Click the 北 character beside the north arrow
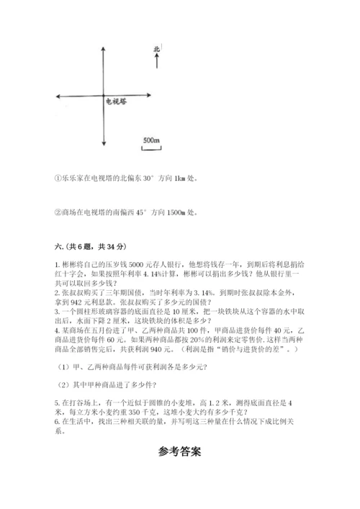click(156, 50)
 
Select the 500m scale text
click(151, 139)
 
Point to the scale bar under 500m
click(150, 148)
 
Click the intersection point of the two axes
click(105, 96)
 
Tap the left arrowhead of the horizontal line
click(57, 96)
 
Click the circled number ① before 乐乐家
click(58, 179)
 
